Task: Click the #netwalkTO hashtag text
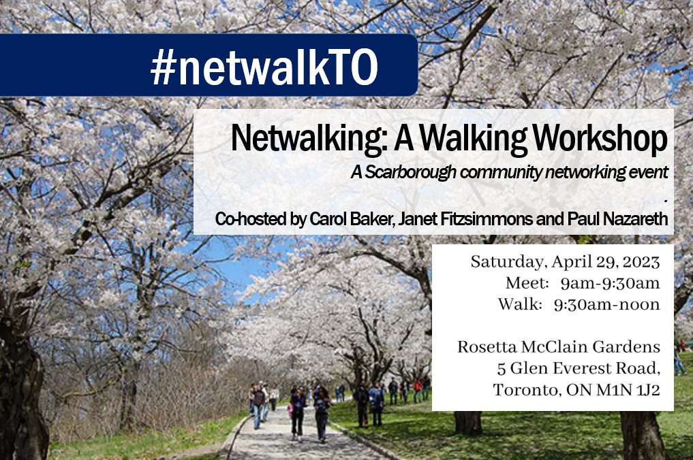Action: [263, 67]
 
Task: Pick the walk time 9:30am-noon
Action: [606, 304]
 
